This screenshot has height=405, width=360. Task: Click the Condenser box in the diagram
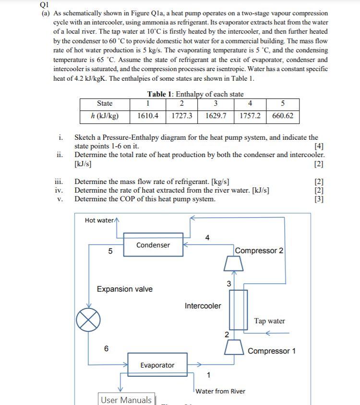click(153, 245)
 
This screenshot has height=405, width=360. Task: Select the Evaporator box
click(157, 365)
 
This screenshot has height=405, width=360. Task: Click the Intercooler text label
click(203, 306)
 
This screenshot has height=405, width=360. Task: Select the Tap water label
click(269, 321)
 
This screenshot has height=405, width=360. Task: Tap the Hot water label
click(99, 220)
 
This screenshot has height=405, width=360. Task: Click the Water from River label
click(220, 391)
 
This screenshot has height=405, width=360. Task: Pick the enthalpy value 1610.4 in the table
click(148, 116)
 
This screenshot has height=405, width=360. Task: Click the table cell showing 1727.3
click(181, 116)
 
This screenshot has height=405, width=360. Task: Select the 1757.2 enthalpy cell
click(250, 116)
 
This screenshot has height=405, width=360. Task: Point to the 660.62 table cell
click(283, 116)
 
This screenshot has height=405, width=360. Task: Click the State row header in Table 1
click(105, 103)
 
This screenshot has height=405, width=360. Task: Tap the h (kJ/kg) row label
click(105, 116)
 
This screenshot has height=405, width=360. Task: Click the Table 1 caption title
click(195, 94)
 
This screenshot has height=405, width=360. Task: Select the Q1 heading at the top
click(44, 5)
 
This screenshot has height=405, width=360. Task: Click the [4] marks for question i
click(318, 146)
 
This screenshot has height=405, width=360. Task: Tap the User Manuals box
click(126, 400)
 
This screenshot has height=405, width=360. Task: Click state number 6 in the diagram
click(107, 348)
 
